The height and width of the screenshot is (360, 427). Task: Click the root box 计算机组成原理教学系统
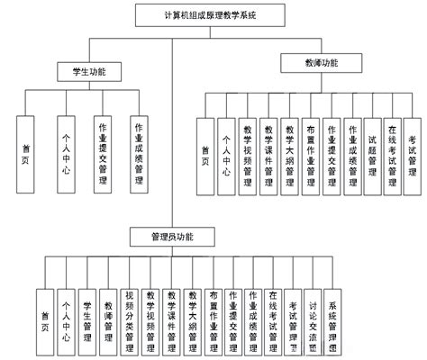[213, 14]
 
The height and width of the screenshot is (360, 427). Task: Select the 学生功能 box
[80, 69]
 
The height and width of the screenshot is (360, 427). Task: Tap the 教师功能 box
[323, 63]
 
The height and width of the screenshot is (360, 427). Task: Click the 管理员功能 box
[186, 236]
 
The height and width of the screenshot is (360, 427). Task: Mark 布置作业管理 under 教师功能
[310, 153]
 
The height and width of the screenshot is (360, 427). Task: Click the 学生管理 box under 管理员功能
[87, 319]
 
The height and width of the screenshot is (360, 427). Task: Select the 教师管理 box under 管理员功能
[109, 319]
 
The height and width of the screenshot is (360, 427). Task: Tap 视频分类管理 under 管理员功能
[131, 319]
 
